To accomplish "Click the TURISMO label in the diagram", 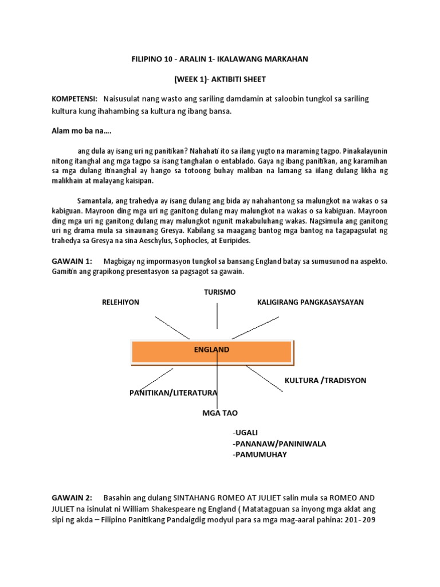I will (219, 292).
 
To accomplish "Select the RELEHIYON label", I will (120, 302).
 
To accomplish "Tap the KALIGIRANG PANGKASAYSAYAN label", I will (311, 302).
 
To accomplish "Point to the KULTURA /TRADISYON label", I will (325, 380).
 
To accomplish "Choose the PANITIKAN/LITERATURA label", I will (173, 393).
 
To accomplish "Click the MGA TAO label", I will (219, 413).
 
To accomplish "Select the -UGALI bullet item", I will (247, 432).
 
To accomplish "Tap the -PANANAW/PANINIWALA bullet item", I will (279, 443).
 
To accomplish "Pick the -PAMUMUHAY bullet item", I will (260, 455).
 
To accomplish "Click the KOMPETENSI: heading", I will (74, 99).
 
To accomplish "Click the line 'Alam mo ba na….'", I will (80, 131).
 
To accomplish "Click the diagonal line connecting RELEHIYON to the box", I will (172, 327).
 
